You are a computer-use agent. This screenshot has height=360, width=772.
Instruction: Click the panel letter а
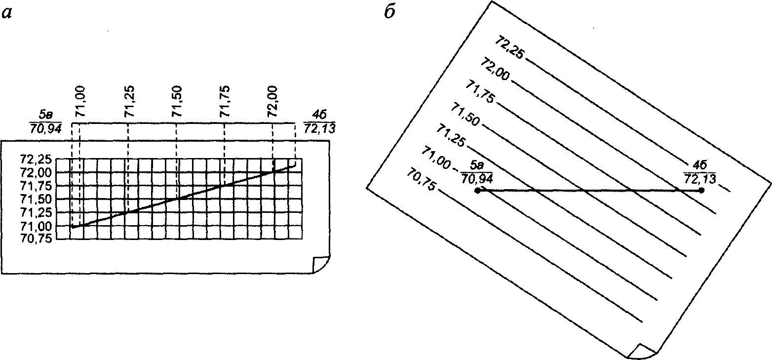click(7, 13)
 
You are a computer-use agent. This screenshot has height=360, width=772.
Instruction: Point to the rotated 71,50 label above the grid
click(177, 101)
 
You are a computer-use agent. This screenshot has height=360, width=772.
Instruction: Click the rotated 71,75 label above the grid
click(225, 101)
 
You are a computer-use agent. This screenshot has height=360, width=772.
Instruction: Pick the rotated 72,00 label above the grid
click(273, 101)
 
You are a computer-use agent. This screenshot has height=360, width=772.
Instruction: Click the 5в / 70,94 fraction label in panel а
click(45, 122)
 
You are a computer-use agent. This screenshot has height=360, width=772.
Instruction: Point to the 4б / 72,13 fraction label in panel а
click(319, 122)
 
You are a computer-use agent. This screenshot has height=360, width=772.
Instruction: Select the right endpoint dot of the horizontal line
click(701, 190)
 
